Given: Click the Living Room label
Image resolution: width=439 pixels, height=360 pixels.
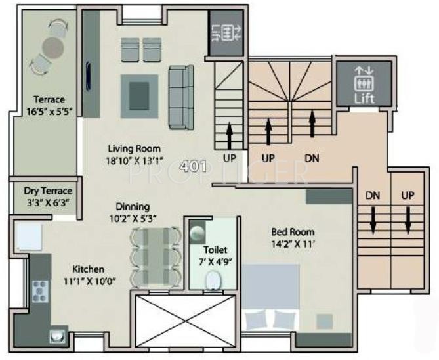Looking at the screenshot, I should [135, 154].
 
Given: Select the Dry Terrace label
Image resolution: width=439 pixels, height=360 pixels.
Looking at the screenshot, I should [48, 196].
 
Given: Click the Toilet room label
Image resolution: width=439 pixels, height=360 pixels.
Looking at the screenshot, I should [212, 256].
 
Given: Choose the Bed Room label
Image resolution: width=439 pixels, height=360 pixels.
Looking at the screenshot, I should [293, 237].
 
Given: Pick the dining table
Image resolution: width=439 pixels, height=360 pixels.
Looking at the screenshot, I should [156, 257].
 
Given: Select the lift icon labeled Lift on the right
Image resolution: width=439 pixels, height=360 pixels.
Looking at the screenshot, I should [364, 83].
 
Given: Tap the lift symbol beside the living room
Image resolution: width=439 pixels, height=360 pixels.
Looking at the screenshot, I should [226, 32].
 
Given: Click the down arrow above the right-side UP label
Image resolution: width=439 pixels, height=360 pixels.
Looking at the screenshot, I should [408, 220].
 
